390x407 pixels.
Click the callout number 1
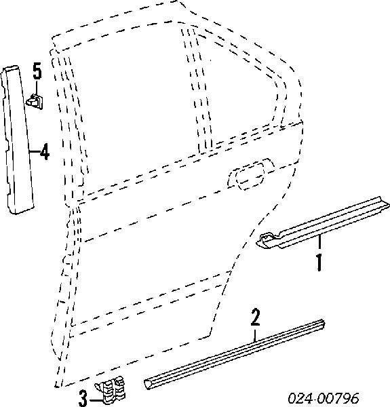pos(319,263)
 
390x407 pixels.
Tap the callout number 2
pos(256,317)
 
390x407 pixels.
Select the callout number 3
pos(83,398)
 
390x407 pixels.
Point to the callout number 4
pos(45,151)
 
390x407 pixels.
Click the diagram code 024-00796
pos(324,398)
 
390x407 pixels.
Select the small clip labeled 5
pos(35,100)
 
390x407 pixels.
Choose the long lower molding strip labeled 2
pos(234,354)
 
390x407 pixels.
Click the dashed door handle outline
pos(250,173)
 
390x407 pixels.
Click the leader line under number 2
pos(256,335)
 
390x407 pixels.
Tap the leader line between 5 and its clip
pos(37,88)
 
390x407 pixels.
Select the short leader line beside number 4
pos(35,151)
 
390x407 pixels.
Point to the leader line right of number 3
pos(96,400)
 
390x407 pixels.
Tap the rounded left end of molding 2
pos(147,384)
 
